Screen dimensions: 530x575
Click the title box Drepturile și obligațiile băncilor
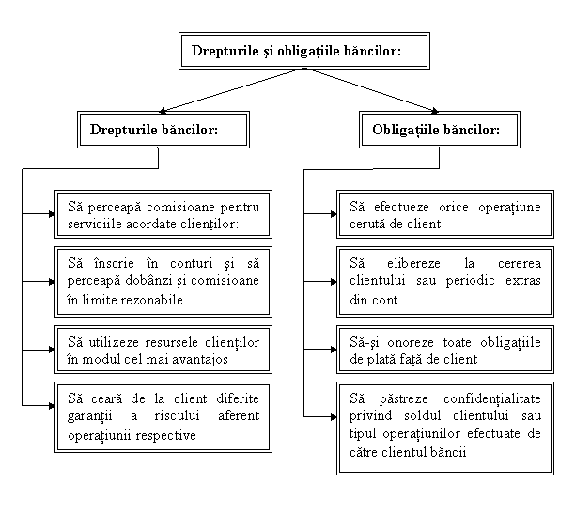tap(303, 52)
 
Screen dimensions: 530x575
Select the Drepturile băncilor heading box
tap(163, 130)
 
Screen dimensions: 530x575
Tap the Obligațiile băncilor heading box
tap(439, 130)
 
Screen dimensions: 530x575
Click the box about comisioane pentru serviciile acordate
tap(163, 214)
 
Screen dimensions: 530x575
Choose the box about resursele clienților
tap(163, 349)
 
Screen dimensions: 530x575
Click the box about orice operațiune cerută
tap(444, 214)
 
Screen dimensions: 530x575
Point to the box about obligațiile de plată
tap(444, 350)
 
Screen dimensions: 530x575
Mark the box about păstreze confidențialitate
tap(444, 427)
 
